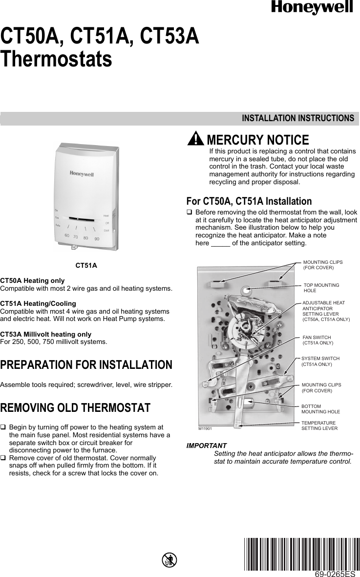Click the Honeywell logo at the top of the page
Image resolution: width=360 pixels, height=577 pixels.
tap(312, 7)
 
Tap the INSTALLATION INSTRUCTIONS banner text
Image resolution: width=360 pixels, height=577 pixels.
tap(298, 118)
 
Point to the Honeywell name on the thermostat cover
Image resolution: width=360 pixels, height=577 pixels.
tap(82, 173)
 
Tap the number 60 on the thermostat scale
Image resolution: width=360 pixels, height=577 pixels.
tap(67, 235)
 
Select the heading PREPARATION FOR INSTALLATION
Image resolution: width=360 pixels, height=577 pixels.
tap(86, 365)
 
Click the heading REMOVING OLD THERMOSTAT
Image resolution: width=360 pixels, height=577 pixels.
tap(75, 407)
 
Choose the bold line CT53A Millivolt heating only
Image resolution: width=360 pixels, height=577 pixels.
tap(46, 334)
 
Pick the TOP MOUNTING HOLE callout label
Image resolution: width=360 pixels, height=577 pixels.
tap(321, 288)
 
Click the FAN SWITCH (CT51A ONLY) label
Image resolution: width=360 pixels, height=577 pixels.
tap(318, 341)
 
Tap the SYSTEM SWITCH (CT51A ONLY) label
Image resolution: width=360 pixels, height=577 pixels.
tap(320, 362)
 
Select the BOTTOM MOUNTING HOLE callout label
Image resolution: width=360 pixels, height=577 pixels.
tap(320, 409)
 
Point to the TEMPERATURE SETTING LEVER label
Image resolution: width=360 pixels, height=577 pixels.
tap(319, 425)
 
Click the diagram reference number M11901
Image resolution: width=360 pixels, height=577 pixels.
tap(205, 428)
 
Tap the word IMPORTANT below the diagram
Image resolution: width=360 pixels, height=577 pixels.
tap(207, 446)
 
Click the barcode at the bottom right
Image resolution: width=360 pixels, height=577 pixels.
tap(301, 553)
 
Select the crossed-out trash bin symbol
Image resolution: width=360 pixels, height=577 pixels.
tap(169, 560)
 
